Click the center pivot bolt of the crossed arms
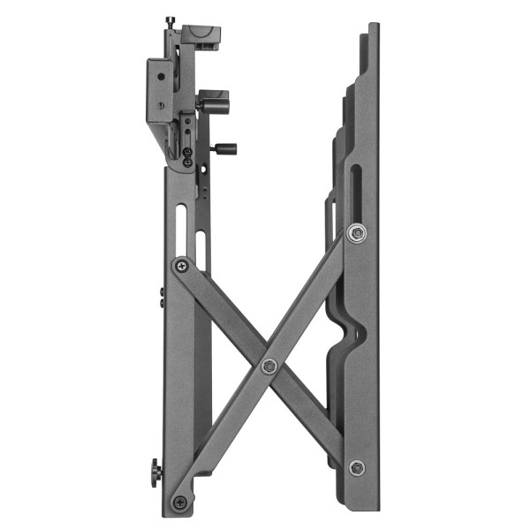point(269,366)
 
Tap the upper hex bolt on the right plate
point(356,232)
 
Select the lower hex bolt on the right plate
point(356,467)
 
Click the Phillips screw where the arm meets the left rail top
point(181,264)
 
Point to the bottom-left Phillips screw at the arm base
point(180,502)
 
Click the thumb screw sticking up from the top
point(170,21)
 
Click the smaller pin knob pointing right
point(226,148)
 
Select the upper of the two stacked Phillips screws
point(188,153)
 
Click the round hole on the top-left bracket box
point(160,79)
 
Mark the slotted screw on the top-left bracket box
point(160,106)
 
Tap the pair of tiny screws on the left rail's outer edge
point(161,296)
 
